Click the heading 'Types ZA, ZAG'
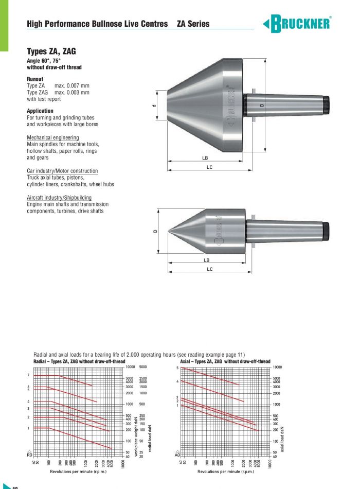click(x=51, y=51)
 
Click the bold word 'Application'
click(x=40, y=111)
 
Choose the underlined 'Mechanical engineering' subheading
click(x=53, y=137)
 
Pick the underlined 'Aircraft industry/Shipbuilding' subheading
click(x=59, y=197)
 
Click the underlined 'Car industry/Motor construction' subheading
click(x=62, y=170)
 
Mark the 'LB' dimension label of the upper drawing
click(x=205, y=158)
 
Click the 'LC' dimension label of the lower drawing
click(x=209, y=269)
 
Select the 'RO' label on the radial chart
click(x=29, y=455)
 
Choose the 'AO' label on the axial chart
click(x=177, y=455)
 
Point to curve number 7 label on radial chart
click(x=28, y=375)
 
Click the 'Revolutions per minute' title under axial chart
click(x=226, y=471)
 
